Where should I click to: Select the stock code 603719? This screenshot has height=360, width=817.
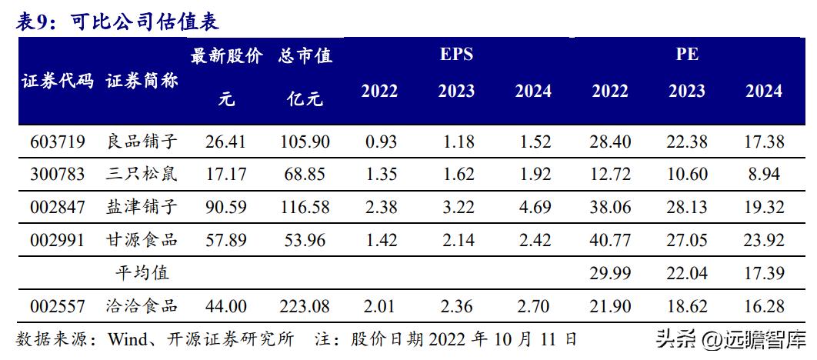click(x=58, y=142)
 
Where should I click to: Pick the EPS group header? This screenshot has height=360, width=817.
click(x=456, y=55)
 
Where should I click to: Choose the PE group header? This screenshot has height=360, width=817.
click(x=687, y=55)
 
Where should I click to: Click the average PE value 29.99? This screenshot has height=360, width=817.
click(x=610, y=272)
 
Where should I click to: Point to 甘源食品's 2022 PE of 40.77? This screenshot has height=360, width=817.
click(x=610, y=240)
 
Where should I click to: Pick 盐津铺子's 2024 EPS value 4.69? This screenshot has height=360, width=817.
click(x=533, y=207)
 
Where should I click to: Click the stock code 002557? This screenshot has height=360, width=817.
click(x=58, y=306)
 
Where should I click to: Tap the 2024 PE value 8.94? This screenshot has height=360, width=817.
click(x=764, y=174)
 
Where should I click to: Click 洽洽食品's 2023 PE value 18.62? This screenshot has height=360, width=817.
click(x=687, y=306)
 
